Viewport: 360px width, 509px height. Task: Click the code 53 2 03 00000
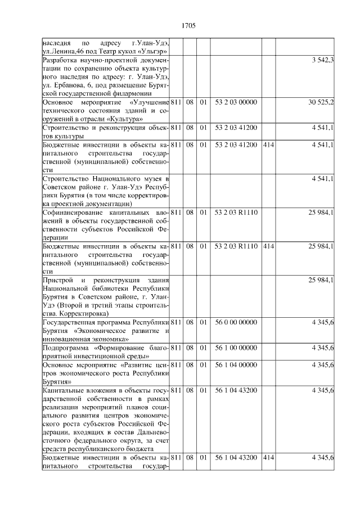(x=236, y=102)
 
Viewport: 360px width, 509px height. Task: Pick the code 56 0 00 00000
(x=236, y=322)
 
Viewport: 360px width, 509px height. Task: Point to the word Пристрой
(x=57, y=280)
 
